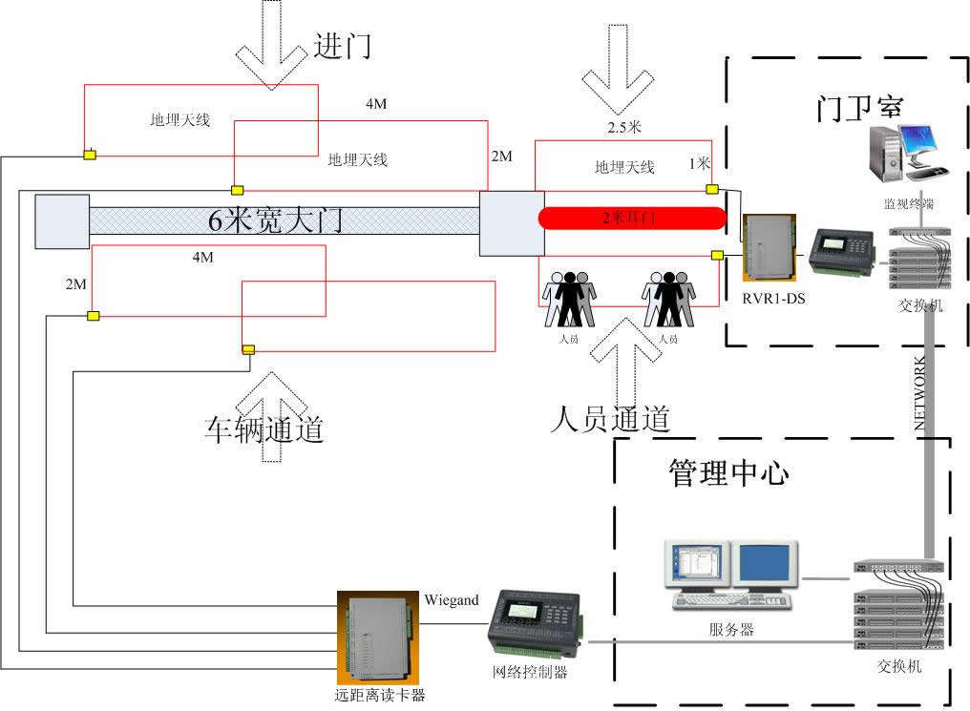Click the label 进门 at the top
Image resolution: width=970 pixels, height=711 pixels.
click(342, 45)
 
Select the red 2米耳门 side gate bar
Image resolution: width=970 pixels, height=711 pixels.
click(631, 218)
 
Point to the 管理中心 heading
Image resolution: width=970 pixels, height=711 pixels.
click(728, 472)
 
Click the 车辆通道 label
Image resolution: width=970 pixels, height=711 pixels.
click(264, 429)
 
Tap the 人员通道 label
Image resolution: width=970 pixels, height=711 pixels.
click(610, 418)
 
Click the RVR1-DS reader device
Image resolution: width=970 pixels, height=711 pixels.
click(770, 250)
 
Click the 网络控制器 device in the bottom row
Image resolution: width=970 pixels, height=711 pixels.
click(530, 625)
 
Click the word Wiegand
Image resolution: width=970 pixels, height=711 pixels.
click(451, 600)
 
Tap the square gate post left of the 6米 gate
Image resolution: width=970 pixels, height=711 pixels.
click(62, 221)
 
